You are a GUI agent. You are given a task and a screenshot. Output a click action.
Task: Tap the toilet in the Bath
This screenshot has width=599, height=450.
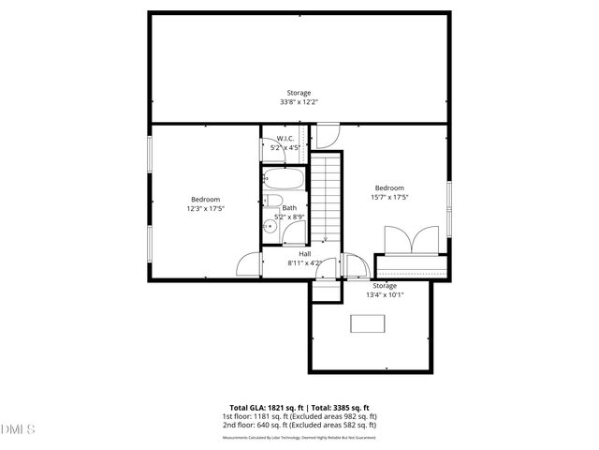click(x=273, y=202)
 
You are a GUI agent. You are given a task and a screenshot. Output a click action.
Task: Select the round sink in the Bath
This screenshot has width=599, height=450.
click(x=269, y=224)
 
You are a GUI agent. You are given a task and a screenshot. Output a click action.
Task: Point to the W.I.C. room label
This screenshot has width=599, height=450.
click(x=285, y=139)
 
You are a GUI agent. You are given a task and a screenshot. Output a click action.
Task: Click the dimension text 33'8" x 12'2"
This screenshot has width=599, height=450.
click(x=299, y=101)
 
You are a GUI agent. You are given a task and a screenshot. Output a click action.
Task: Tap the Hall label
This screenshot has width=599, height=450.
click(x=305, y=254)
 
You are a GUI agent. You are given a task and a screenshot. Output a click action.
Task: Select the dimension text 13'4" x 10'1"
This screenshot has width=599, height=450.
click(x=385, y=294)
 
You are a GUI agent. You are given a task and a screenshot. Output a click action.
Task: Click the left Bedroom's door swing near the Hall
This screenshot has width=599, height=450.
click(x=248, y=265)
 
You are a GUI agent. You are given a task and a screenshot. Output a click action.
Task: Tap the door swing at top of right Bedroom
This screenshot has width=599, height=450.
click(x=328, y=136)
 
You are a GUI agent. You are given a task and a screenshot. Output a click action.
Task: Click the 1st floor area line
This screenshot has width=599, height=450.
click(x=299, y=416)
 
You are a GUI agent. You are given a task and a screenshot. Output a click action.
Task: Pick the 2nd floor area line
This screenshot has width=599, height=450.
click(x=299, y=425)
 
